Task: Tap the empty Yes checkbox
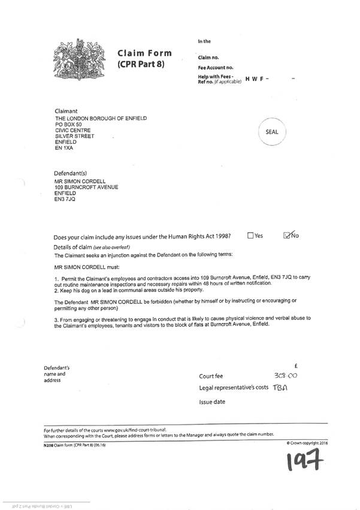tap(250, 236)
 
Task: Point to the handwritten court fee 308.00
tap(285, 376)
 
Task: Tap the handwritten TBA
tap(280, 388)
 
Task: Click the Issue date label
tap(212, 402)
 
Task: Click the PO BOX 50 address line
tap(69, 124)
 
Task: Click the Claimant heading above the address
tap(66, 111)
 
